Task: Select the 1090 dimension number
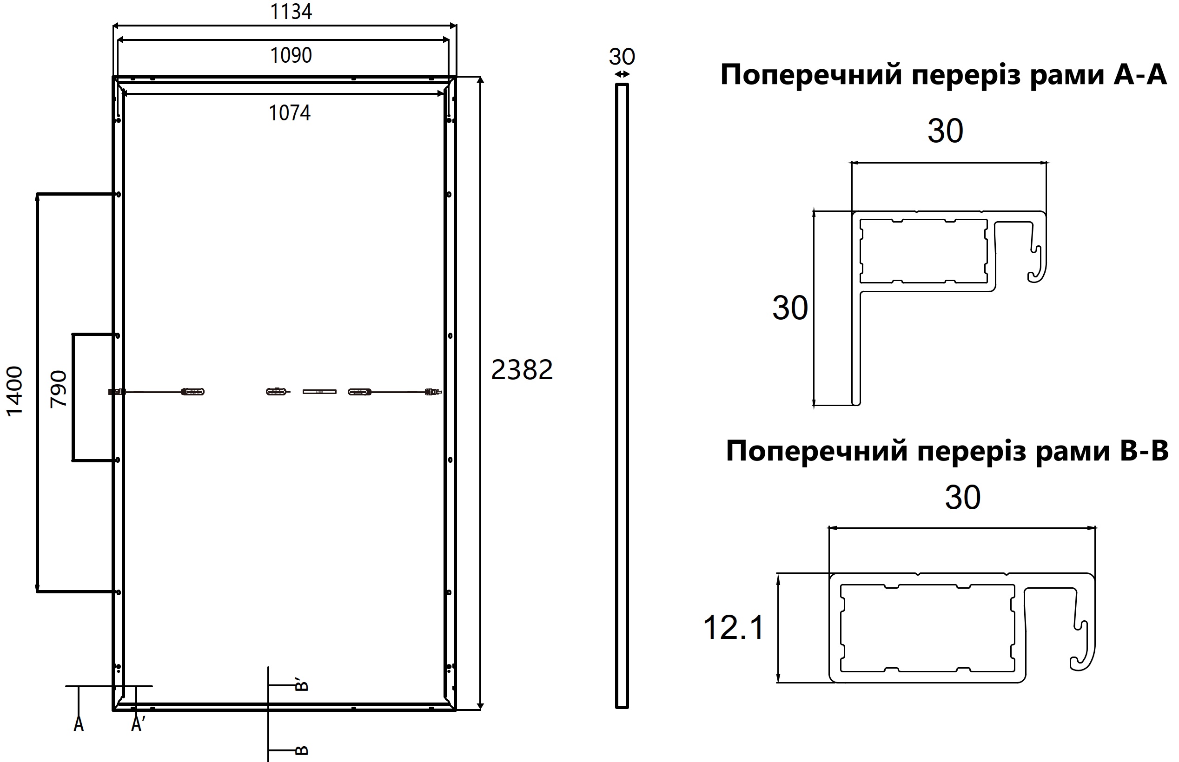291,55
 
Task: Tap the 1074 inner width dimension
290,113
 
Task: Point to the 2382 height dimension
522,370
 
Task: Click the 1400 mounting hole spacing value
14,391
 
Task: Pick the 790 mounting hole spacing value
59,389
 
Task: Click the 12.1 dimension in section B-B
733,627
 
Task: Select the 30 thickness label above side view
622,57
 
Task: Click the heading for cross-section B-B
947,451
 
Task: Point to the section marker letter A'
138,724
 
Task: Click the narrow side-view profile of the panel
622,396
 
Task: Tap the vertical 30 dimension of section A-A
790,308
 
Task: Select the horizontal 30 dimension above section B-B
963,498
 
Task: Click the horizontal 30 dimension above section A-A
945,131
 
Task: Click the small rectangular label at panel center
319,392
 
